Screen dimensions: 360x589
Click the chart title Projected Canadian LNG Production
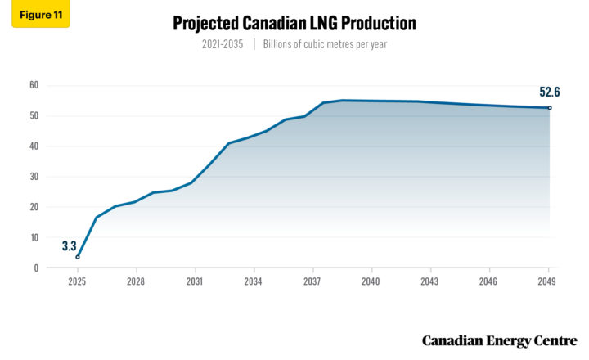[x=294, y=24]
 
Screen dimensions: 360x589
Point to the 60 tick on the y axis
[x=34, y=85]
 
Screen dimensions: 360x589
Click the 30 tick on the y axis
[x=34, y=177]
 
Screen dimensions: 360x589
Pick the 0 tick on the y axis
[x=36, y=268]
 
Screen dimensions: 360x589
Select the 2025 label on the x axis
[x=77, y=281]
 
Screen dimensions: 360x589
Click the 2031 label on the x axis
[x=195, y=281]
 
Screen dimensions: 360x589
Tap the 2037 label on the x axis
[x=312, y=281]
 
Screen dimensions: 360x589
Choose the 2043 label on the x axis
[x=429, y=281]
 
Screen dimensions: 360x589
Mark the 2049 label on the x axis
[x=547, y=281]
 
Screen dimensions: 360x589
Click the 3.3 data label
[x=70, y=245]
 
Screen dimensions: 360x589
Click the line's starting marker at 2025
[x=78, y=257]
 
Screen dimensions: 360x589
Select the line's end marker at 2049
[x=549, y=108]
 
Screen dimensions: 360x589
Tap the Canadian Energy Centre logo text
[x=499, y=340]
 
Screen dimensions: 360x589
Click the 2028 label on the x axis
[x=136, y=281]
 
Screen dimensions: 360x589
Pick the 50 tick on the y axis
[x=34, y=115]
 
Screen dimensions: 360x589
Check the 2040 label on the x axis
[x=371, y=281]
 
